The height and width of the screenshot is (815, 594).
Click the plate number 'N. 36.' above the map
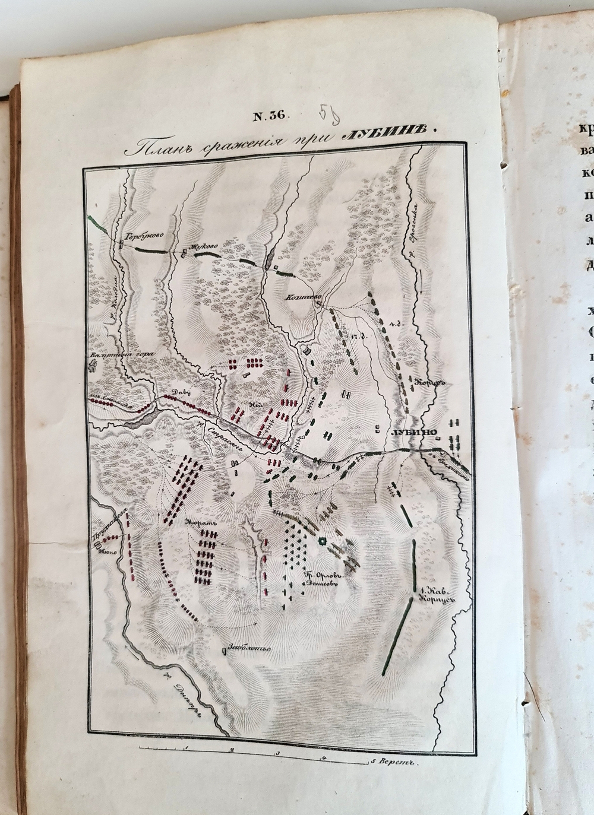[270, 116]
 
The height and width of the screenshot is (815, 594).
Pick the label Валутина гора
[112, 356]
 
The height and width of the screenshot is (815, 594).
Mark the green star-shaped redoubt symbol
[323, 541]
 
